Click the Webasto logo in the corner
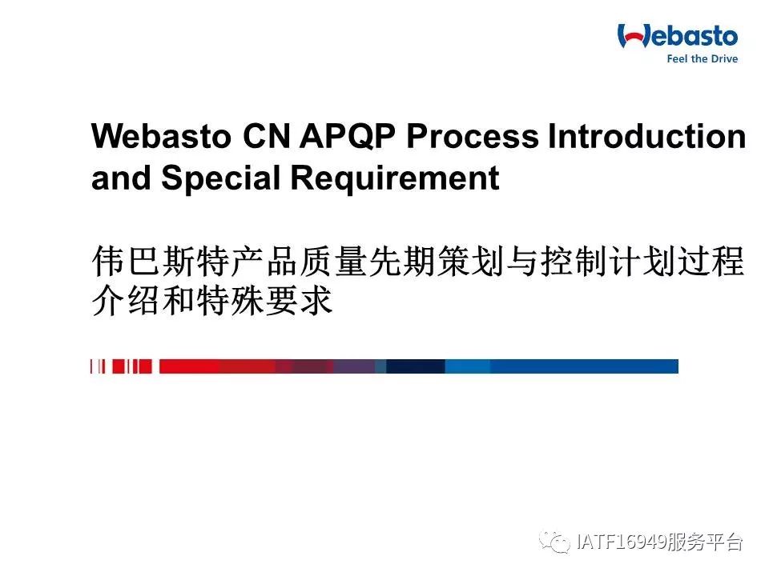coord(678,43)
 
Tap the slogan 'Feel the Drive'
coord(702,58)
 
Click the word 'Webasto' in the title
coord(161,136)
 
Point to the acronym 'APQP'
coord(347,136)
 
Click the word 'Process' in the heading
coord(473,136)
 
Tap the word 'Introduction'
coord(647,136)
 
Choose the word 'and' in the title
coord(121,178)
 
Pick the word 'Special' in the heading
coord(220,178)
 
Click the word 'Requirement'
coord(395,178)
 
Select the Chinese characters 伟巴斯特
coord(161,261)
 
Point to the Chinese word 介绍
coord(126,300)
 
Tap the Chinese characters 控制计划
coord(609,261)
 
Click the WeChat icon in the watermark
coord(554,542)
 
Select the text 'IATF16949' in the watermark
coord(621,542)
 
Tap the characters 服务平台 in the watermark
coord(705,542)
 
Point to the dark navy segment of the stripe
coord(416,366)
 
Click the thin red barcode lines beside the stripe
coord(121,366)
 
